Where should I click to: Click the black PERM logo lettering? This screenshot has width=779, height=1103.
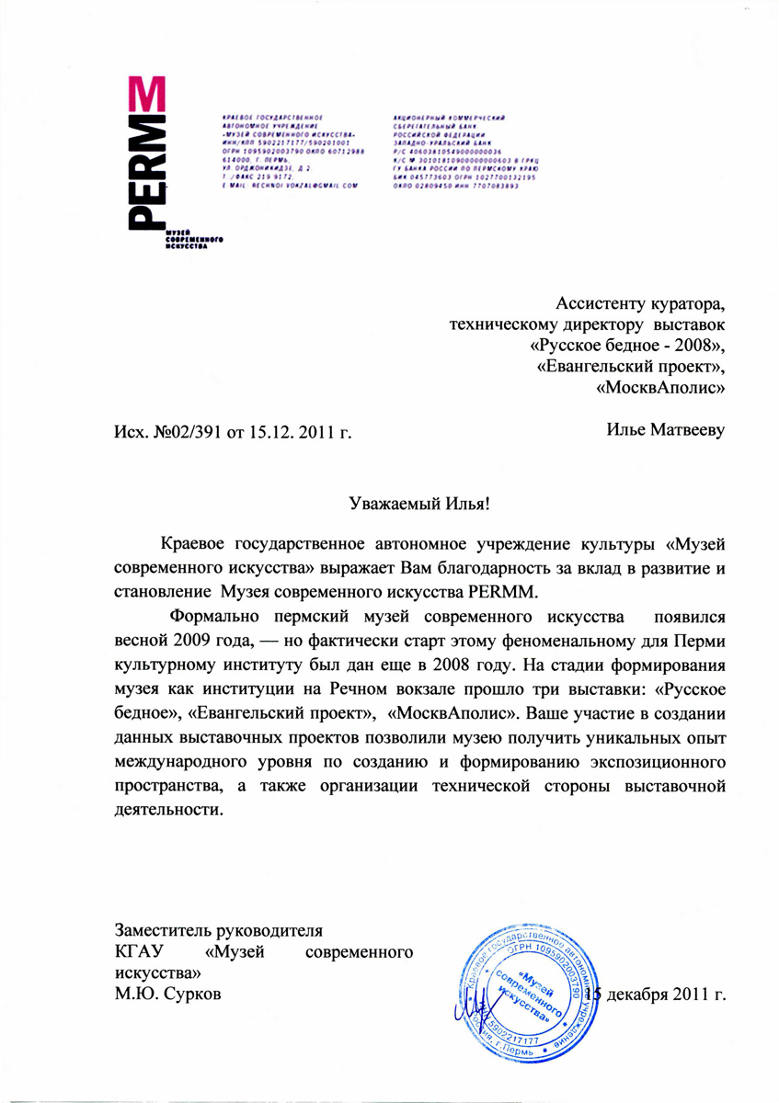pyautogui.click(x=145, y=180)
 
